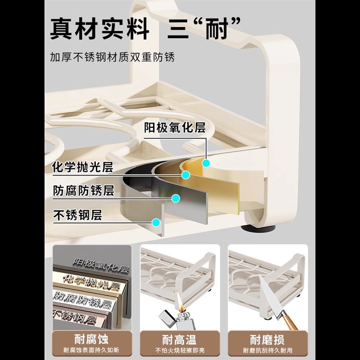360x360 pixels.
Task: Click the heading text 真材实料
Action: pos(99,28)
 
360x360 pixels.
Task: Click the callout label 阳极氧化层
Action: pos(175,127)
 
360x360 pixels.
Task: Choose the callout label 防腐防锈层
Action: pos(84,191)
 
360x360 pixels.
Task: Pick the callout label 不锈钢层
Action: pos(77,215)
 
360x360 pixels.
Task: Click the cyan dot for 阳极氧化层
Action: pos(206,162)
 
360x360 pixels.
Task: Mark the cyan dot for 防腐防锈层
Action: pos(175,198)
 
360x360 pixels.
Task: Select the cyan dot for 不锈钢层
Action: pos(156,222)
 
